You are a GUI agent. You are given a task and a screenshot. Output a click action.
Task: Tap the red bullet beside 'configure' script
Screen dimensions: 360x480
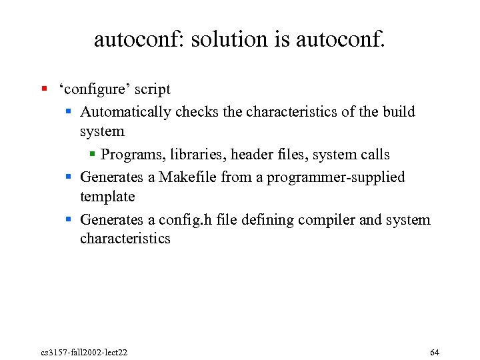click(x=43, y=88)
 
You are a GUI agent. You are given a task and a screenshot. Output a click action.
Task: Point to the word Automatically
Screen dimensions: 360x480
click(x=125, y=111)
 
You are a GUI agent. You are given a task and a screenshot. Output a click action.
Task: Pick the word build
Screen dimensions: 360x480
click(x=399, y=111)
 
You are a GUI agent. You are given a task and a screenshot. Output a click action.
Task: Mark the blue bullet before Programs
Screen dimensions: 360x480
click(x=93, y=154)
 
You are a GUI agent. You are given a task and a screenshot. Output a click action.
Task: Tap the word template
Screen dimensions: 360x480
click(x=107, y=197)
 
